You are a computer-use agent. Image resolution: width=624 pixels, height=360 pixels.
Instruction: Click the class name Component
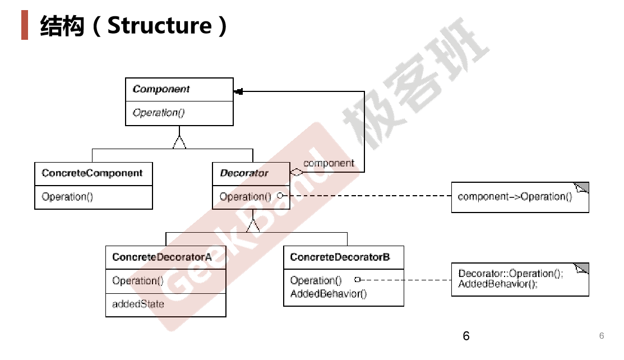[x=161, y=89]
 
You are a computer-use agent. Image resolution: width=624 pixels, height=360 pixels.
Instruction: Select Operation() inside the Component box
[x=159, y=113]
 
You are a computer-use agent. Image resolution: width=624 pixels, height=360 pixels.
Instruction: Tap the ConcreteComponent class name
[x=93, y=173]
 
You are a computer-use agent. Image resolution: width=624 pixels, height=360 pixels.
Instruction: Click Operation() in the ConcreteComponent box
[x=67, y=197]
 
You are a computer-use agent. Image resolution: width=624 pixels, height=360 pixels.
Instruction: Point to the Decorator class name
[x=244, y=173]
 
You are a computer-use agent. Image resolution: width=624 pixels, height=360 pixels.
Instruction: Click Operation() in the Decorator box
[x=245, y=197]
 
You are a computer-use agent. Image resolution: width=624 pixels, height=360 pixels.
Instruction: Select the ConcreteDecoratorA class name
[x=161, y=257]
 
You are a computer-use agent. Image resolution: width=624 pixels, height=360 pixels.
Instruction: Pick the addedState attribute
[x=138, y=304]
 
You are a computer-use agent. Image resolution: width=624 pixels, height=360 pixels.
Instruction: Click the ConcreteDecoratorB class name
[x=340, y=257]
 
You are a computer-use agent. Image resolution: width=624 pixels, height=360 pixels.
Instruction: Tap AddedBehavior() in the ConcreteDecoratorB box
[x=328, y=294]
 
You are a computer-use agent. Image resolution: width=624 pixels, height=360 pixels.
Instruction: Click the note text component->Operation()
[x=515, y=197]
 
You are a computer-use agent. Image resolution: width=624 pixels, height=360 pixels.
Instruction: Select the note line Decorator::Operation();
[x=510, y=274]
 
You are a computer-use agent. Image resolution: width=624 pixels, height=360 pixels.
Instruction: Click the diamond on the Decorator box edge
[x=296, y=173]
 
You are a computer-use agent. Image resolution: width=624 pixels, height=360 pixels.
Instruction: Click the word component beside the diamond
[x=329, y=163]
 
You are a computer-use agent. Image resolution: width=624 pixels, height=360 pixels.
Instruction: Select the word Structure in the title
[x=159, y=26]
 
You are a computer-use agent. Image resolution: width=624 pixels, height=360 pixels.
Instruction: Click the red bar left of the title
[x=24, y=26]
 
